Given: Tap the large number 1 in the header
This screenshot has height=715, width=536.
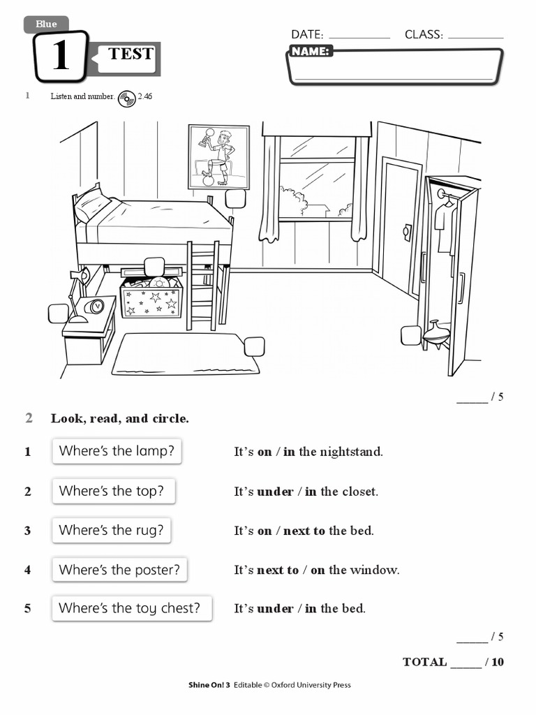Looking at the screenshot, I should click(x=61, y=56).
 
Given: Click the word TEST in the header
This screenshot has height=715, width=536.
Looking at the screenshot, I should click(x=131, y=54).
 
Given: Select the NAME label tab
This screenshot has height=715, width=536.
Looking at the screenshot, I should click(x=311, y=52).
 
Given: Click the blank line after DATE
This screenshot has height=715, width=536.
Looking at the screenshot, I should click(x=359, y=35).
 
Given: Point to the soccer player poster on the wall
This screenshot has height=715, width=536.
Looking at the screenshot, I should click(x=218, y=157).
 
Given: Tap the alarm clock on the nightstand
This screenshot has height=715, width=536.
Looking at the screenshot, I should click(x=94, y=306).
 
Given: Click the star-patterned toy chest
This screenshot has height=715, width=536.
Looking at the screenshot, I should click(x=151, y=300).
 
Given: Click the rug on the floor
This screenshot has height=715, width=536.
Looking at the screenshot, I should click(x=185, y=354).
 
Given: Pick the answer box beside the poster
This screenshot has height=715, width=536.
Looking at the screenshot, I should click(x=235, y=198).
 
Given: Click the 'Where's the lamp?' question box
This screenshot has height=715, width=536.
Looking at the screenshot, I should click(x=117, y=451).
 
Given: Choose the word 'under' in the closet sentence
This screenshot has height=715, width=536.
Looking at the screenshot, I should click(x=275, y=492).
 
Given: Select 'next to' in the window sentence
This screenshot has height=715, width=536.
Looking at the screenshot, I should click(x=277, y=570).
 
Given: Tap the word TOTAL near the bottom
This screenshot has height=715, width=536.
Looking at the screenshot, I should click(x=424, y=662).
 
